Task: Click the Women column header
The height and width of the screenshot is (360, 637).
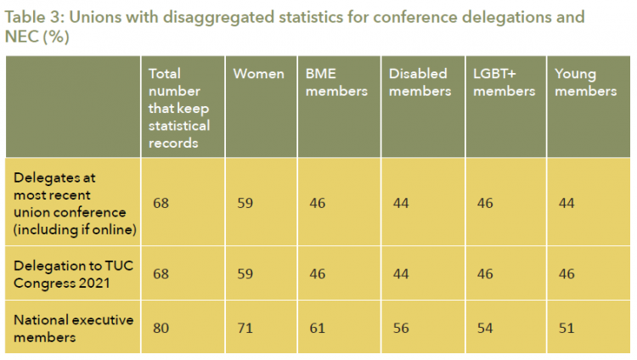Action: tap(258, 74)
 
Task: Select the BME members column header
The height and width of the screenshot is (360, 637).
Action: tap(336, 82)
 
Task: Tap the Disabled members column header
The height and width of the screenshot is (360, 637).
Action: tap(420, 82)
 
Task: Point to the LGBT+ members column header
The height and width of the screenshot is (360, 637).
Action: tap(505, 82)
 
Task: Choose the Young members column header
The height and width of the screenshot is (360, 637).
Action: tap(586, 82)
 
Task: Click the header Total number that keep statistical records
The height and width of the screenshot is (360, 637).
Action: tap(179, 108)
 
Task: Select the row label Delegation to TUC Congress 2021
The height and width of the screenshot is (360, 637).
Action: tap(74, 274)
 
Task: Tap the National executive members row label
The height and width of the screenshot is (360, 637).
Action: tap(74, 329)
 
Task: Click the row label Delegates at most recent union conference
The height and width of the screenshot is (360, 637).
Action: tap(75, 204)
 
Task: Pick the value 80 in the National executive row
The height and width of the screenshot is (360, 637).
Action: tap(161, 328)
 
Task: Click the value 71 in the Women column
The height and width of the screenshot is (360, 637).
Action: tap(245, 328)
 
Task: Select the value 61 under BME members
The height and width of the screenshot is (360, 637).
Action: tap(318, 328)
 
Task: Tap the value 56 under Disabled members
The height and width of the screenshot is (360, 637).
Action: tap(401, 328)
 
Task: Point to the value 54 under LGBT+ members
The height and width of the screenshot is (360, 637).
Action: tap(485, 328)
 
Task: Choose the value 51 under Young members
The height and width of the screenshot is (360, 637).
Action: tap(567, 328)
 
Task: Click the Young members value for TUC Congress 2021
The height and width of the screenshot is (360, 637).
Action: tap(567, 274)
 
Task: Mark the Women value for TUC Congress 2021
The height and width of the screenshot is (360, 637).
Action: tap(245, 274)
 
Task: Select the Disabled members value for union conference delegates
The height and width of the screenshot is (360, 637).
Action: tap(401, 203)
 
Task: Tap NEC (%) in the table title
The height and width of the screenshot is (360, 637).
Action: tap(37, 37)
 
